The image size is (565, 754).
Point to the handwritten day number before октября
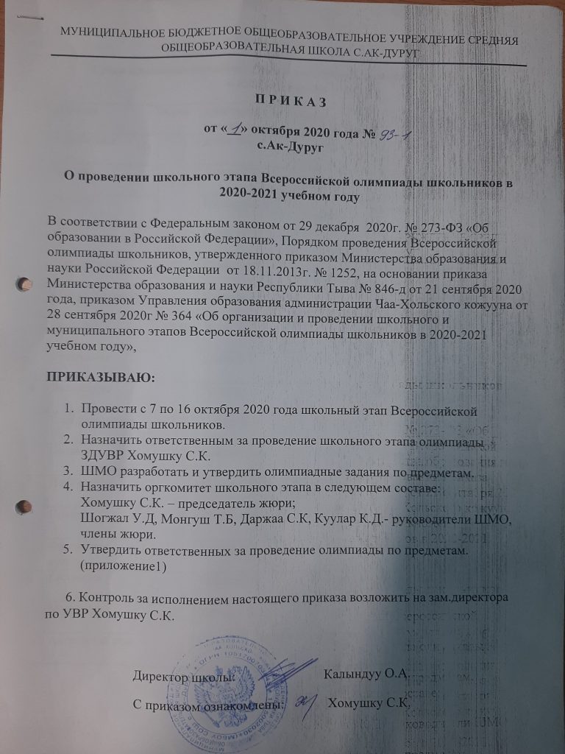coord(235,129)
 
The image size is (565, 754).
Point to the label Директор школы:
coord(184,674)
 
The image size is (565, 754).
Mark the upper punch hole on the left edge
coord(24,283)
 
